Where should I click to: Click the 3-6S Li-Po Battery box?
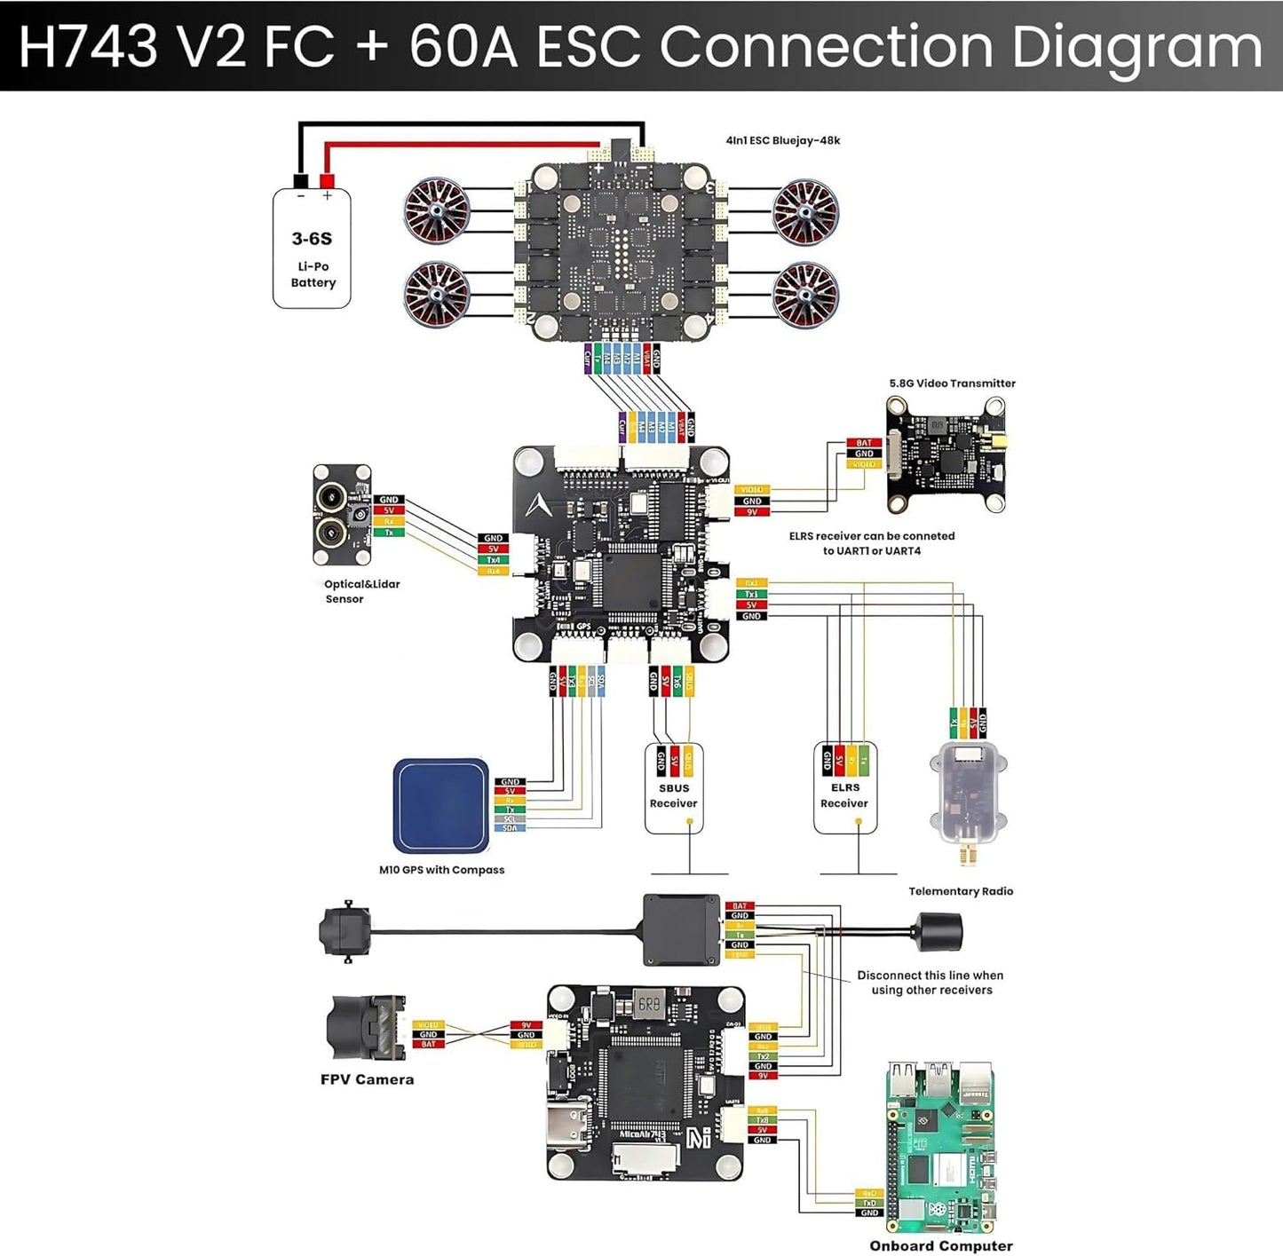click(312, 250)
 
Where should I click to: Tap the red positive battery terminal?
click(327, 181)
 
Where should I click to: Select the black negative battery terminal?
click(300, 181)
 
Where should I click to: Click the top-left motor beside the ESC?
click(437, 210)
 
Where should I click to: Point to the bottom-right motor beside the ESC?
click(805, 294)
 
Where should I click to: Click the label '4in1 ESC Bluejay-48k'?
click(782, 140)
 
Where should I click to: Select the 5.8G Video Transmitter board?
click(946, 454)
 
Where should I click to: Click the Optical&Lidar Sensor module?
click(341, 515)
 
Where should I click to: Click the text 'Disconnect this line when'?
click(930, 975)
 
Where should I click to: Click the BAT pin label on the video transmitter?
click(863, 443)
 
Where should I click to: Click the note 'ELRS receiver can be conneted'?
click(871, 536)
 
